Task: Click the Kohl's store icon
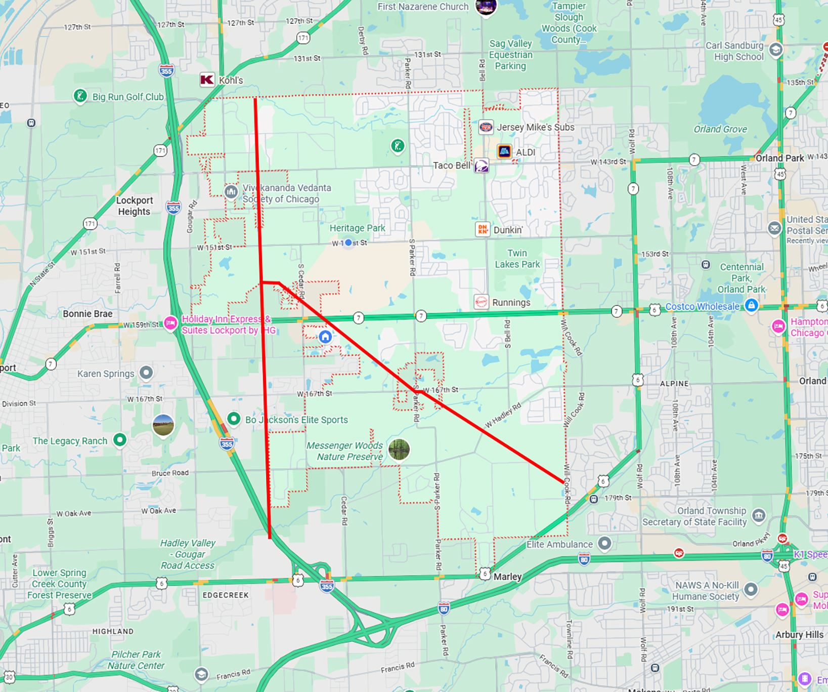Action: [207, 79]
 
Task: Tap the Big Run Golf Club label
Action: [128, 97]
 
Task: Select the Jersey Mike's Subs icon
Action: [486, 127]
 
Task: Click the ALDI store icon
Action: [504, 151]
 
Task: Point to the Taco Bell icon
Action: [481, 166]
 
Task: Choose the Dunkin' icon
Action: [483, 229]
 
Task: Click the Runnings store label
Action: [511, 302]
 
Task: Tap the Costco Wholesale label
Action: [702, 306]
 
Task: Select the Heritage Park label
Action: [357, 228]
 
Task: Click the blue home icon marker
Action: [325, 337]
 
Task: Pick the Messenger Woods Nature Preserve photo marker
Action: [399, 450]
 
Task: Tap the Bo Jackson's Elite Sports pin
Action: [234, 419]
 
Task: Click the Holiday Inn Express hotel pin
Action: [170, 323]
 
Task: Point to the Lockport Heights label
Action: [134, 206]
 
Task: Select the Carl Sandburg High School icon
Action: [775, 50]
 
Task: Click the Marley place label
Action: [507, 577]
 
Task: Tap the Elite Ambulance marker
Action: [604, 544]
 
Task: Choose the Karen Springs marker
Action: [146, 373]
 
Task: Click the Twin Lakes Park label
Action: [517, 258]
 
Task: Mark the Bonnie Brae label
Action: [88, 314]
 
